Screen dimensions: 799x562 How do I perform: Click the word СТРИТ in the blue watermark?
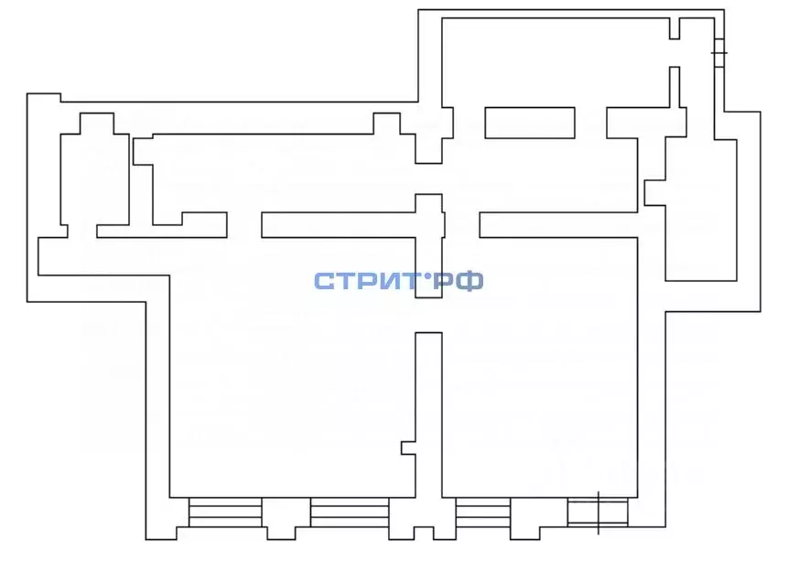tap(367, 281)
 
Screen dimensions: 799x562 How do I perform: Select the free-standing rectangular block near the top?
tap(530, 123)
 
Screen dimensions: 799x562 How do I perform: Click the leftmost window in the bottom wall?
tap(225, 512)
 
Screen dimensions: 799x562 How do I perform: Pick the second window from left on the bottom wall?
tap(350, 512)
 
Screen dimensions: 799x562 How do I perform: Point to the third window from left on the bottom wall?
tap(483, 512)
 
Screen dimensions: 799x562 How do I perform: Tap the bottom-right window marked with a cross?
tap(598, 512)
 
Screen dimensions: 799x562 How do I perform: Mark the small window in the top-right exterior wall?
tap(719, 52)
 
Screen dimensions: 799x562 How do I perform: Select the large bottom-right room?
tap(540, 367)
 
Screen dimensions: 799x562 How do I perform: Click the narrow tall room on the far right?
tap(701, 209)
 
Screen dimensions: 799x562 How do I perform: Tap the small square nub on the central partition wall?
tap(408, 448)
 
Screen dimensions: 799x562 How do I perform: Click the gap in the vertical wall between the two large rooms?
tap(428, 315)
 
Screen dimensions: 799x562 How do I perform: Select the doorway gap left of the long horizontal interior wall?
tap(244, 224)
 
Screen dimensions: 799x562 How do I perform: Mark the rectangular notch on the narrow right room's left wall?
tap(654, 192)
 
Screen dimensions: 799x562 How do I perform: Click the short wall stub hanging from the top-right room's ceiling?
tap(675, 28)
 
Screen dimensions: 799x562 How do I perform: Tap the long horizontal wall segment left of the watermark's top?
tap(339, 224)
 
